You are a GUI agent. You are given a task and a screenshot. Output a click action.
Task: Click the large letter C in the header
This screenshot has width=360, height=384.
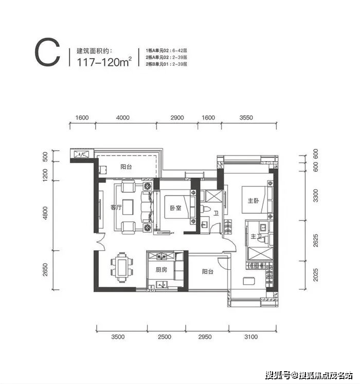47,52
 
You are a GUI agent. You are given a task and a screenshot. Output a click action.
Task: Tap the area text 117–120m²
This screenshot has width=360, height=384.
104,62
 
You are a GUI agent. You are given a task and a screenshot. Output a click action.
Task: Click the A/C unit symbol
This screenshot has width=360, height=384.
82,154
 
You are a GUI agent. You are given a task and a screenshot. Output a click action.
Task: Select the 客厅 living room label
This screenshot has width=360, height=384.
116,207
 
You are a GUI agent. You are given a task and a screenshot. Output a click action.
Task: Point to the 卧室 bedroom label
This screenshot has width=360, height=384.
175,208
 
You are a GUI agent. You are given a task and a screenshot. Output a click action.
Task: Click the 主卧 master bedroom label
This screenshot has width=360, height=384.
253,201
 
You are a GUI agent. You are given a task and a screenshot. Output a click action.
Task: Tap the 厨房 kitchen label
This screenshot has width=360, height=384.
161,270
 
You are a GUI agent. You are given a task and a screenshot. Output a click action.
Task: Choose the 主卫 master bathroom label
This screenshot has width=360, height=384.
256,237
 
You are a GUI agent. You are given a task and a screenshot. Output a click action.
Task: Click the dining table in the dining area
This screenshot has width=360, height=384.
122,268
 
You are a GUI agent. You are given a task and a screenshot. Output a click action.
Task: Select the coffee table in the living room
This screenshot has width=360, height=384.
128,207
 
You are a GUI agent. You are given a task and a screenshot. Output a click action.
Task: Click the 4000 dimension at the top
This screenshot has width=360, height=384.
122,118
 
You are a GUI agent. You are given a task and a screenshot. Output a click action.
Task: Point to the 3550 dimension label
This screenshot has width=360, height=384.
246,118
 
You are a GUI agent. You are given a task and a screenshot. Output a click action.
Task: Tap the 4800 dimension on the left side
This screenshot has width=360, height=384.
45,213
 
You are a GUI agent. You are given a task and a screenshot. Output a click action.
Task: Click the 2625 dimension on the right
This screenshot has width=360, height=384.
316,240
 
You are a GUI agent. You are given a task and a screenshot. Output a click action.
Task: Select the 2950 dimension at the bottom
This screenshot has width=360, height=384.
205,337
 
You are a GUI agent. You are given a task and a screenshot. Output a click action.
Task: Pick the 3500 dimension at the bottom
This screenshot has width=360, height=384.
118,337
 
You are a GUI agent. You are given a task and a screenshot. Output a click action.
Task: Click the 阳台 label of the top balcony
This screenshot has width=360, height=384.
126,167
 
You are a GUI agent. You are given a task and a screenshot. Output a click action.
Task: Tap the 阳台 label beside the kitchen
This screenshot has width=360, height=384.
208,272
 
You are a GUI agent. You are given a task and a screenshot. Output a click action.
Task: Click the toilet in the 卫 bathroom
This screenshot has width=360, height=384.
205,209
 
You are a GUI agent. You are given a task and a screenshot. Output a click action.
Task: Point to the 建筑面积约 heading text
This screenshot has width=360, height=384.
95,51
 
